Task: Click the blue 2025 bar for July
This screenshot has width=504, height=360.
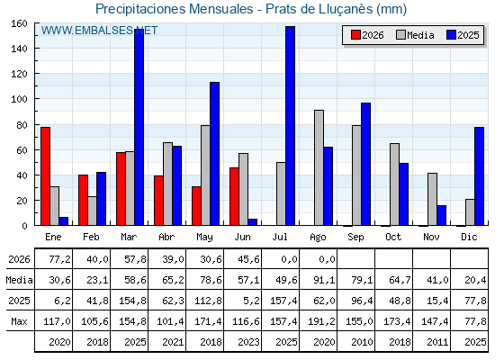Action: point(290,126)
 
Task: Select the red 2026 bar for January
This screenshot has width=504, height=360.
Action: point(45,176)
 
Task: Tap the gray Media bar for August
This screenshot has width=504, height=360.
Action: point(319,167)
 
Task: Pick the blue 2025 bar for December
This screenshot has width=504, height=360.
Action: point(479,176)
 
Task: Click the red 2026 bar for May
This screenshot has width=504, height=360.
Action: point(196,206)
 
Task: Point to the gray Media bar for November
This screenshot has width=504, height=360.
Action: point(432,199)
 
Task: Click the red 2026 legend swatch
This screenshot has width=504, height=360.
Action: point(355,35)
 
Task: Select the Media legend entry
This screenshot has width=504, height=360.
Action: point(415,35)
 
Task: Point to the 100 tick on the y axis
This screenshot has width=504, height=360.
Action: point(36,99)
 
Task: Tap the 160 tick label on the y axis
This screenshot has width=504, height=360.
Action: point(19,23)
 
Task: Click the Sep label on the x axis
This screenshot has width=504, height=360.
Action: point(355,238)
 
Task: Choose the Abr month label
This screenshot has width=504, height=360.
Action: point(166,237)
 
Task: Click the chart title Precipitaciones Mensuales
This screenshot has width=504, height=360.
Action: point(175,9)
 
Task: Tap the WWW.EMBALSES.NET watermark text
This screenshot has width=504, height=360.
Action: point(99,31)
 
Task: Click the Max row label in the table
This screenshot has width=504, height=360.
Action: point(19,321)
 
